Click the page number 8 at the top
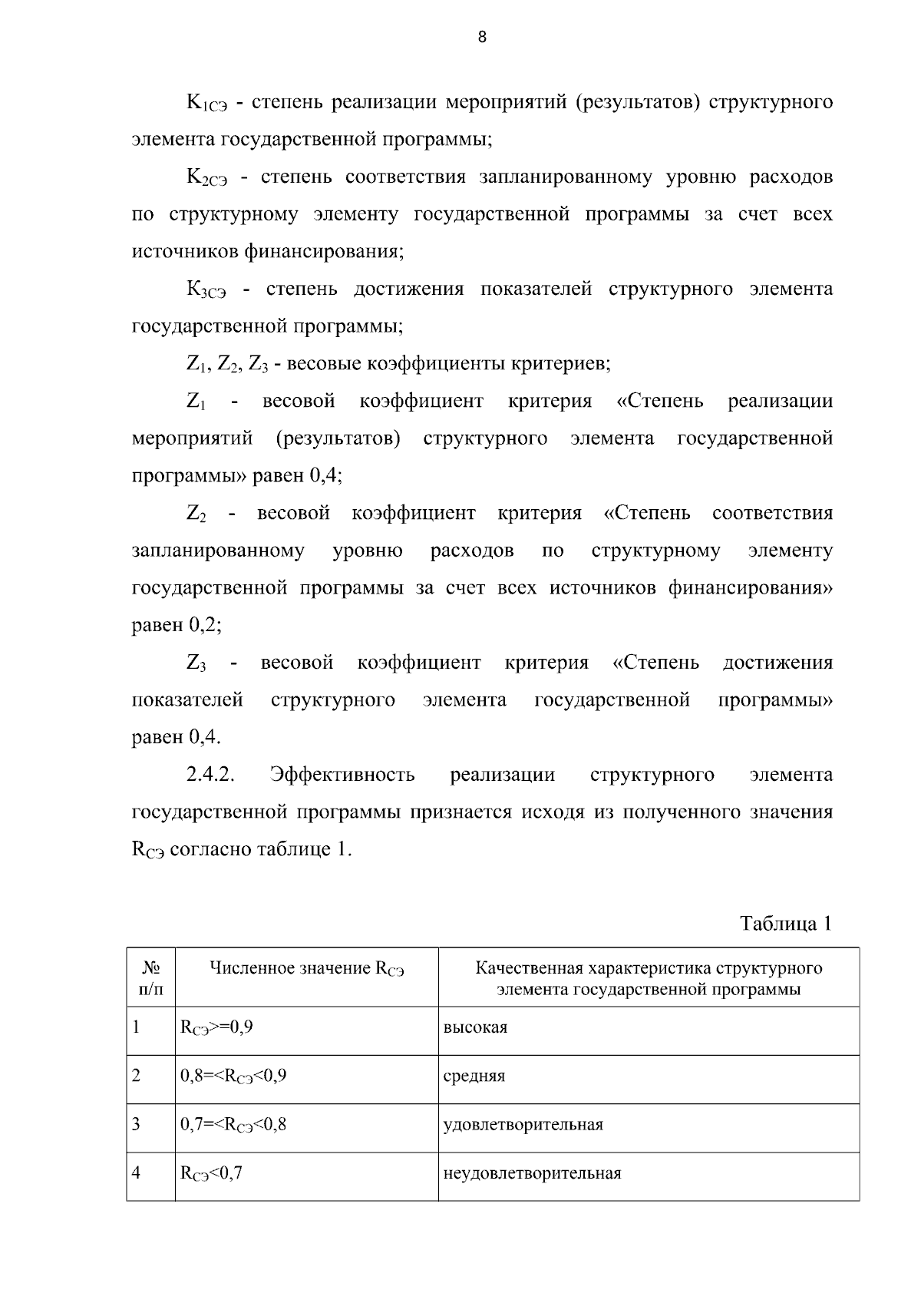[x=482, y=37]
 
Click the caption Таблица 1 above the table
[x=786, y=923]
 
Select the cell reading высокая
[x=476, y=1027]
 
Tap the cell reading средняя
[x=474, y=1076]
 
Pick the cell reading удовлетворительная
[x=523, y=1125]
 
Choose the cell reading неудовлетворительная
[x=533, y=1173]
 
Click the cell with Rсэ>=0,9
[x=216, y=1027]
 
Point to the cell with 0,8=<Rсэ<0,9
[x=233, y=1076]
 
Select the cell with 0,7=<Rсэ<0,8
[x=233, y=1125]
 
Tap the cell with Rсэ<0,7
[x=211, y=1173]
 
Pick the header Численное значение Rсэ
[x=307, y=969]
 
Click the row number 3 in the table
[x=137, y=1125]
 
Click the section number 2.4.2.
[x=210, y=775]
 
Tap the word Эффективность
[x=342, y=775]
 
